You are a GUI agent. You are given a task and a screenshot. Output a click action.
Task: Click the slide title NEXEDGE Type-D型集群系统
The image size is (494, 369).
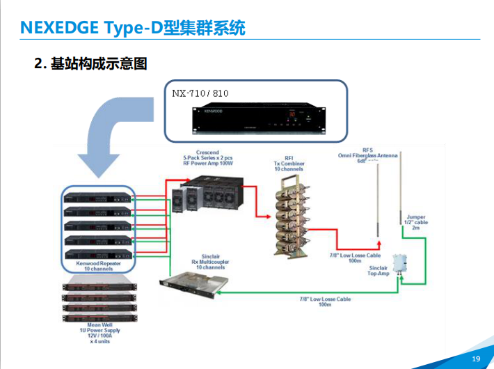tap(132, 27)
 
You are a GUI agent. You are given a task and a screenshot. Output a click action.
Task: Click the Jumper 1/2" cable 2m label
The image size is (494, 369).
tap(415, 222)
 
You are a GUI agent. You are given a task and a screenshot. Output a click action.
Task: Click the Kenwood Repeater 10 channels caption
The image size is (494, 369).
tap(97, 265)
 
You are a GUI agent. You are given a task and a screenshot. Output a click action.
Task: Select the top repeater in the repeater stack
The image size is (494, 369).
tap(97, 196)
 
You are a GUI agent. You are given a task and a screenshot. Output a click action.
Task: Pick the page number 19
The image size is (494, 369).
tap(476, 359)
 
